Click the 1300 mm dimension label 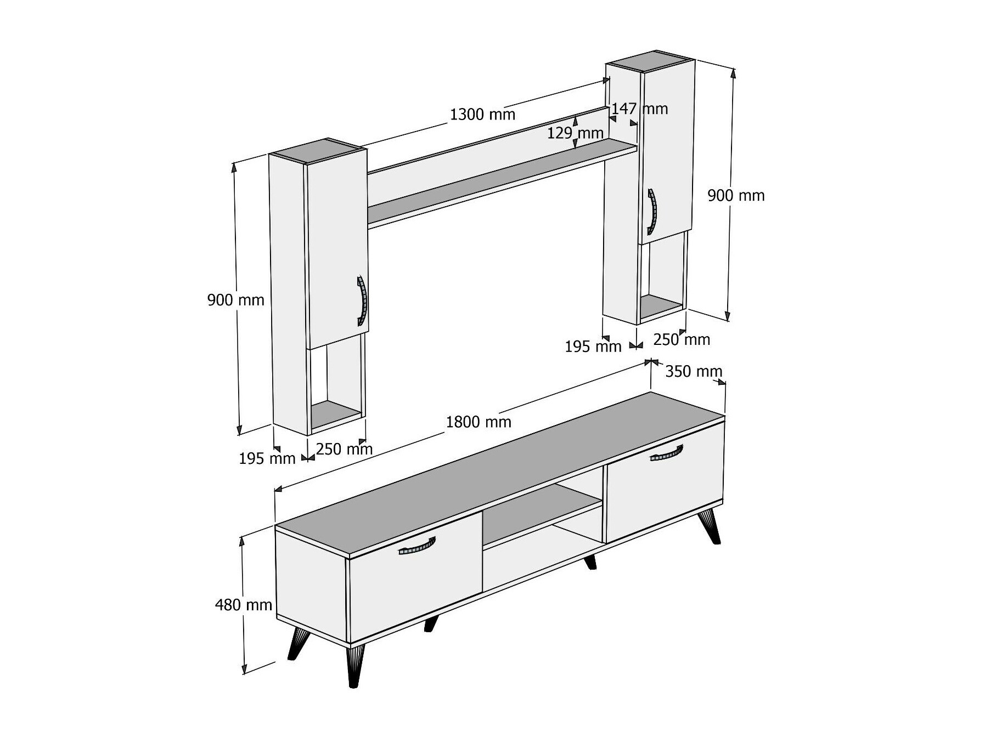click(x=482, y=115)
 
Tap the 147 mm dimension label click(x=640, y=109)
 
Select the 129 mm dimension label click(x=575, y=133)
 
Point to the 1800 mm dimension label click(x=479, y=422)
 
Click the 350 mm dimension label click(x=694, y=372)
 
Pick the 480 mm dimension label click(x=244, y=605)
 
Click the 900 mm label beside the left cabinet click(x=235, y=300)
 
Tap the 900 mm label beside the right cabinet click(x=736, y=195)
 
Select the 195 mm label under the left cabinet click(x=267, y=458)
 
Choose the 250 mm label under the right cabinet click(x=682, y=340)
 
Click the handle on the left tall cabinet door click(x=362, y=301)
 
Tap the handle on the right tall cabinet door click(x=652, y=212)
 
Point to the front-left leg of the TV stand click(x=356, y=665)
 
